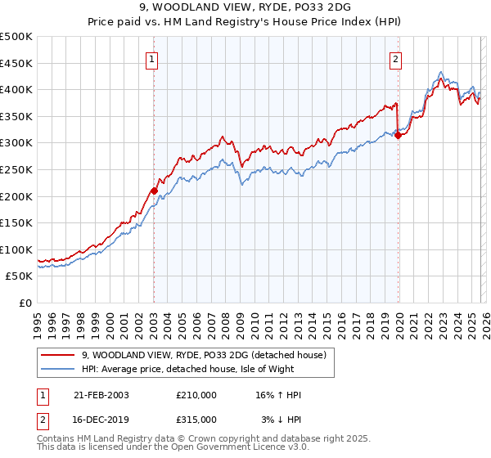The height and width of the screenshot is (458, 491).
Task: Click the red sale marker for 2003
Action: [x=154, y=191]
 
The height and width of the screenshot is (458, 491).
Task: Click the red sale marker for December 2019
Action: [x=398, y=136]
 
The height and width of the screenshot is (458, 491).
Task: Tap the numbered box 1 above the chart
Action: [x=153, y=59]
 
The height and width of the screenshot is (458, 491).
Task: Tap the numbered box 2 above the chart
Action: [x=396, y=59]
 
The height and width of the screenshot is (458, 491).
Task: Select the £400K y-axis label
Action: [x=16, y=89]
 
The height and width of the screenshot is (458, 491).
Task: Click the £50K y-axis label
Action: [x=20, y=276]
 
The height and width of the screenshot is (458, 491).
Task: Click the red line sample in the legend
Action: [x=58, y=355]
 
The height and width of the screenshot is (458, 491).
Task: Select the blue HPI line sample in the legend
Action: [x=58, y=370]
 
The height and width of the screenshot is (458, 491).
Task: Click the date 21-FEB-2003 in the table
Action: [x=101, y=395]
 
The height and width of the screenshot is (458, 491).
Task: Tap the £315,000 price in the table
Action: [x=196, y=419]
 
